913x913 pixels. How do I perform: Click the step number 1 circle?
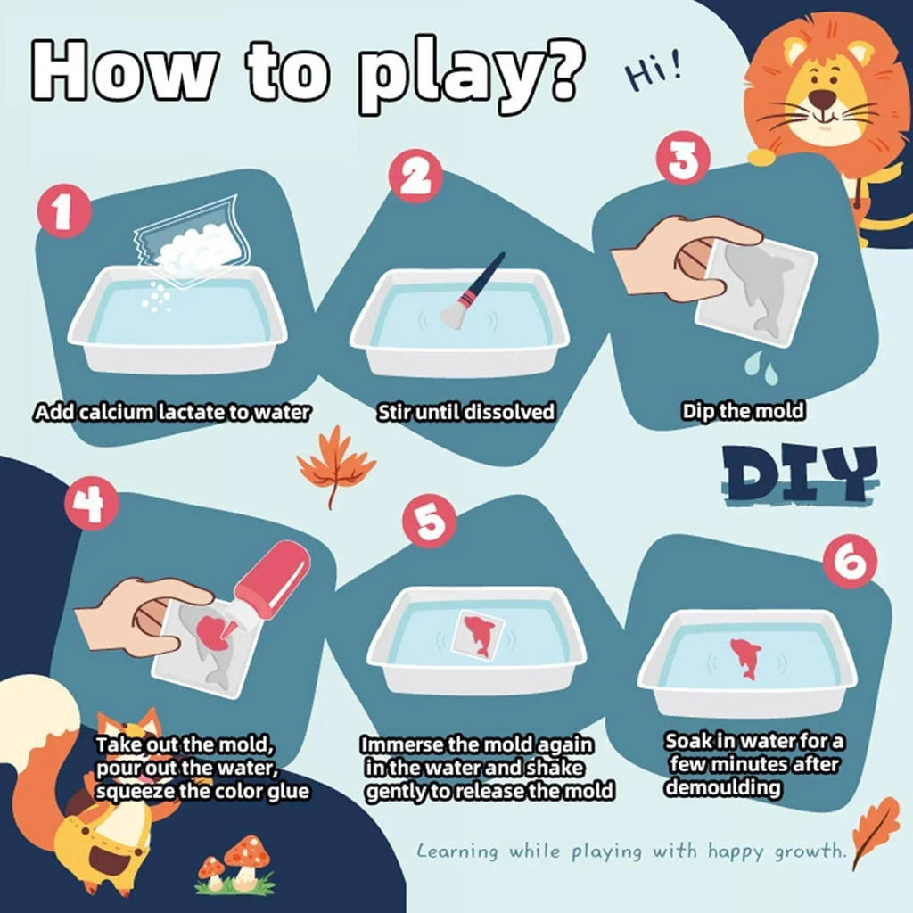(63, 215)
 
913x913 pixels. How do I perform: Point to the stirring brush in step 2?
(473, 291)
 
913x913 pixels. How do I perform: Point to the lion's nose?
(822, 97)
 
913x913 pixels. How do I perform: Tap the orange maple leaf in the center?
(336, 465)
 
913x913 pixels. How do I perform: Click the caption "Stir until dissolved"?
(465, 411)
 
